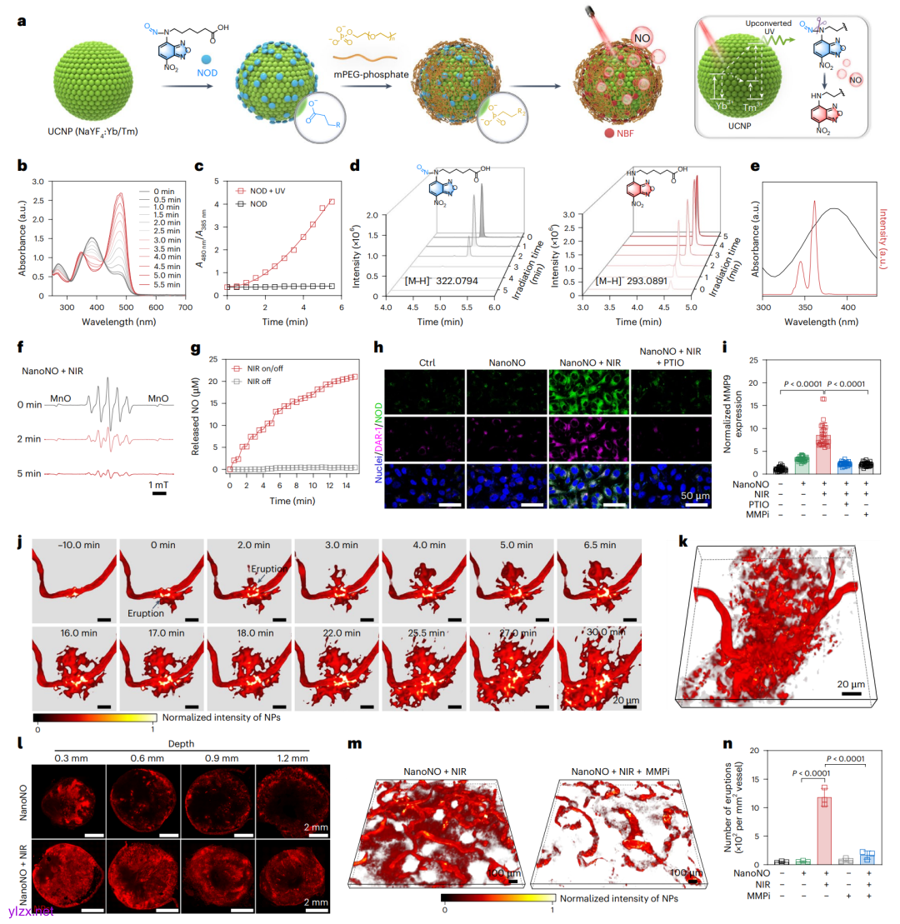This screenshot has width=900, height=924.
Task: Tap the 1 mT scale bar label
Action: coord(159,485)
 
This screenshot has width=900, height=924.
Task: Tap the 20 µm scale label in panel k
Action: coord(850,683)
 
